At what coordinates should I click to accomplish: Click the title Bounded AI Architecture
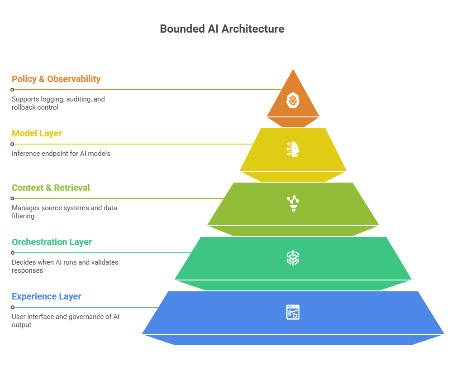[222, 29]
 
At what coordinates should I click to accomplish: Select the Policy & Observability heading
[56, 79]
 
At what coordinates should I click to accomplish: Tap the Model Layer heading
[37, 133]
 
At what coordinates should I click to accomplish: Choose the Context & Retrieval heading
[51, 188]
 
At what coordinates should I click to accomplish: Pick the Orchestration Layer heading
[52, 242]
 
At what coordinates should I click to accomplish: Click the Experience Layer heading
[47, 296]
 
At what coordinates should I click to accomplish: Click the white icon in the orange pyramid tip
[293, 100]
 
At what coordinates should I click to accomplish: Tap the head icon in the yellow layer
[293, 149]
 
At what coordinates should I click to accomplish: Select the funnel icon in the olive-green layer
[293, 203]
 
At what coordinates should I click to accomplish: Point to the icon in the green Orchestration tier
[293, 258]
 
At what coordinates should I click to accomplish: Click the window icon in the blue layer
[293, 312]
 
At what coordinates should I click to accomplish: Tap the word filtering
[23, 216]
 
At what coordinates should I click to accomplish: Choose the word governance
[86, 317]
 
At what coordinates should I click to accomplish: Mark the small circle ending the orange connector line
[12, 90]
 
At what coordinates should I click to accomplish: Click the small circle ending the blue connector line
[12, 307]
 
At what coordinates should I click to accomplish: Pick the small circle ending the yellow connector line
[12, 144]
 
